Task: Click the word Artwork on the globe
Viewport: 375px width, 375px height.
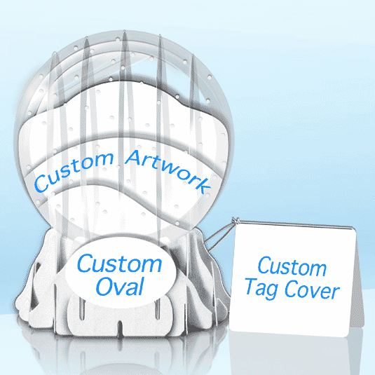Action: (x=168, y=170)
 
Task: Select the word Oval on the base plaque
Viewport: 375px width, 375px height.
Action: (x=120, y=286)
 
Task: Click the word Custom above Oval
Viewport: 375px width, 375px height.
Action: (x=119, y=263)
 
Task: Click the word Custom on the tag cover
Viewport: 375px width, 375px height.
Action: (x=292, y=266)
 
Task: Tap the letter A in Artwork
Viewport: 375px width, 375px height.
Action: (x=133, y=158)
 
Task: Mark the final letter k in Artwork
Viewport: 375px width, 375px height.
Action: (x=204, y=186)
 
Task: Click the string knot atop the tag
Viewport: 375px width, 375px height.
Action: (x=236, y=221)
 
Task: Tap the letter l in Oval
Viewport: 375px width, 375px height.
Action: (x=140, y=286)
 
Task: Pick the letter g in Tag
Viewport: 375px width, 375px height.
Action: (x=273, y=292)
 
